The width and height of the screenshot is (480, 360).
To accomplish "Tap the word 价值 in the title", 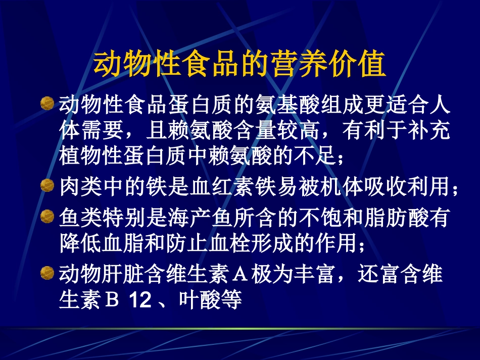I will coord(358,64).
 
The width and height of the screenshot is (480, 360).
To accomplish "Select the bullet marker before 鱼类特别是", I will coord(46,217).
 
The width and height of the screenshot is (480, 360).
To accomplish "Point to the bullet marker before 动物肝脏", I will coord(46,273).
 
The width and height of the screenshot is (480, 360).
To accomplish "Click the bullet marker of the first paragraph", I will coord(46,103).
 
